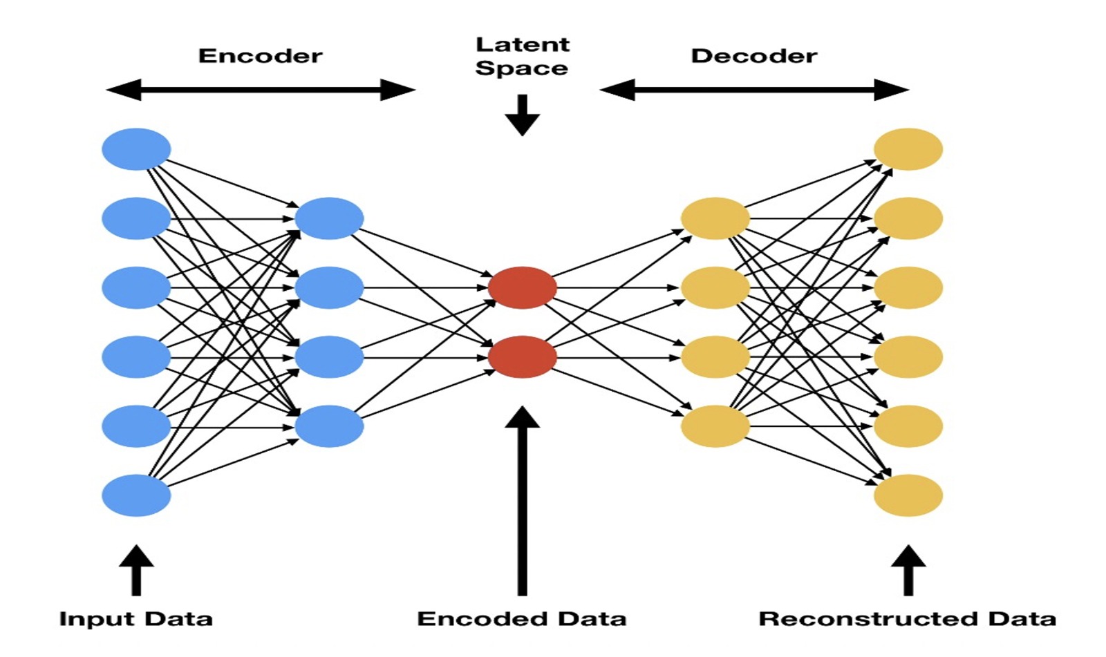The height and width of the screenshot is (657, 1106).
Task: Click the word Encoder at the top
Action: tap(260, 56)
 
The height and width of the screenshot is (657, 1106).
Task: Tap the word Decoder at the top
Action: tap(753, 56)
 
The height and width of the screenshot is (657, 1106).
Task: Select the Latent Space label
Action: tap(522, 56)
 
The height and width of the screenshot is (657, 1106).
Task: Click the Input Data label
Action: tap(135, 618)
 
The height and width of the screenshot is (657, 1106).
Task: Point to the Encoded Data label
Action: tap(522, 618)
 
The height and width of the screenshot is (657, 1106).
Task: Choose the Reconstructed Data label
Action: tap(907, 618)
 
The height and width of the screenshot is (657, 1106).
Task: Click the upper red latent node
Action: tap(522, 287)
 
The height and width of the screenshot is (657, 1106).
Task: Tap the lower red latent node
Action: tap(522, 356)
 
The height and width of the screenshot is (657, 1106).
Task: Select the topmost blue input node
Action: tap(136, 149)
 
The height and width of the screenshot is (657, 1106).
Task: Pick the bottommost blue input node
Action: tap(136, 495)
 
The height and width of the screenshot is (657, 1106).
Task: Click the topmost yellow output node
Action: tap(908, 149)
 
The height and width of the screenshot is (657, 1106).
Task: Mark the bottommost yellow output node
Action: tap(908, 495)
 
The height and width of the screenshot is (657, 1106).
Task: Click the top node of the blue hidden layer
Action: tap(329, 218)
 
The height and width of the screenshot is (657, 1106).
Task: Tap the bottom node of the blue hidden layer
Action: tap(329, 426)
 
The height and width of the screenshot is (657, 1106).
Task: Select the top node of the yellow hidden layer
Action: tap(715, 218)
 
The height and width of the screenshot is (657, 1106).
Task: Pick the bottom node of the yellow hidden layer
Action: tap(715, 426)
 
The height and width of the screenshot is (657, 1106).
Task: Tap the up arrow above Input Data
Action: tap(136, 570)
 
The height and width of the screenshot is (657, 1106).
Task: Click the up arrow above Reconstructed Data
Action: tap(908, 570)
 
